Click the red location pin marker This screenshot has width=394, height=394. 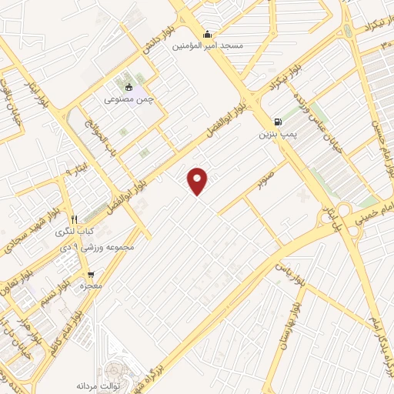[199, 179]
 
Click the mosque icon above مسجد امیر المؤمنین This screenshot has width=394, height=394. [207, 34]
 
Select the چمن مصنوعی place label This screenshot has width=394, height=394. [129, 99]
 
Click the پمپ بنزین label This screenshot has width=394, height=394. [276, 134]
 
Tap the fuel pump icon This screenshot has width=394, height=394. [276, 122]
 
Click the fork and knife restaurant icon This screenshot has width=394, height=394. [75, 219]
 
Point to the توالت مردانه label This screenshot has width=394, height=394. [95, 384]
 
